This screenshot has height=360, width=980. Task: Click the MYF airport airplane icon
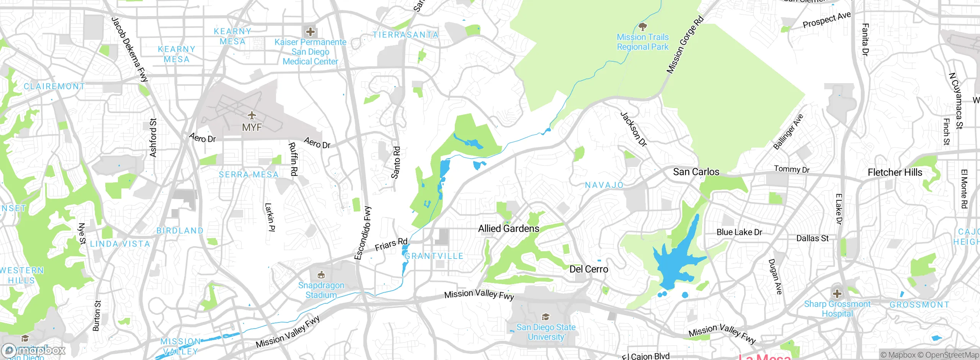point(252,115)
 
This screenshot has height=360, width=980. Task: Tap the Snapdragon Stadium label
point(321,290)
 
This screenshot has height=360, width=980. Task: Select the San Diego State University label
point(546,332)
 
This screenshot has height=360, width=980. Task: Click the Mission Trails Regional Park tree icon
point(643,26)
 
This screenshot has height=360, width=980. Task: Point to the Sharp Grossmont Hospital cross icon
point(837,294)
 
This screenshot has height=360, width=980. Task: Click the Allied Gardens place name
point(508,229)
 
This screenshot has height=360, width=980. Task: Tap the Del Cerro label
point(588,269)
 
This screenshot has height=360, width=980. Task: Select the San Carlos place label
point(696,172)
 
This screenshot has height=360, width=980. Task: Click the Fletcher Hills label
point(895,172)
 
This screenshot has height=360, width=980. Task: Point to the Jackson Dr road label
point(633,129)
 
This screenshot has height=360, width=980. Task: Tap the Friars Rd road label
point(391,244)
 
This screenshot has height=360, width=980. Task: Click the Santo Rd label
point(396,162)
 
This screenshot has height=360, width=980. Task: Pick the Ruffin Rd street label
point(293,159)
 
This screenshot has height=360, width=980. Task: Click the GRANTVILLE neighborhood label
point(434,256)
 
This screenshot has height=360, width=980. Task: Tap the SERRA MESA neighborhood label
point(248,175)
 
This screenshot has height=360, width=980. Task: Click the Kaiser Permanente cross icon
point(310,32)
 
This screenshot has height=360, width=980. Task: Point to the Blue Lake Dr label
point(739,232)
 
